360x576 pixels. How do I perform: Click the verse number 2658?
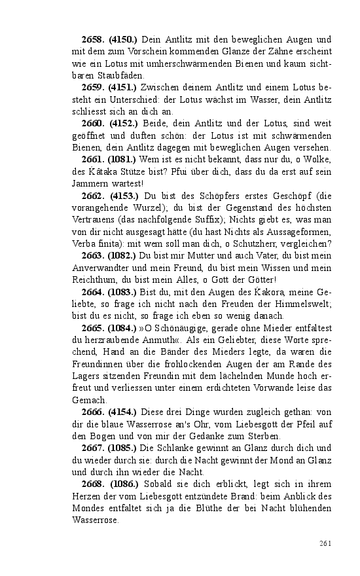click(93, 40)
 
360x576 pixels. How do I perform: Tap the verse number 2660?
click(93, 124)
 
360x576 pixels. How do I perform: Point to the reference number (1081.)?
click(122, 159)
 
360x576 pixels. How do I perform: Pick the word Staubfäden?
click(98, 76)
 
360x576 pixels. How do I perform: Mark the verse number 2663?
click(93, 255)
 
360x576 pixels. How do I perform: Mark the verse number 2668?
click(93, 484)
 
